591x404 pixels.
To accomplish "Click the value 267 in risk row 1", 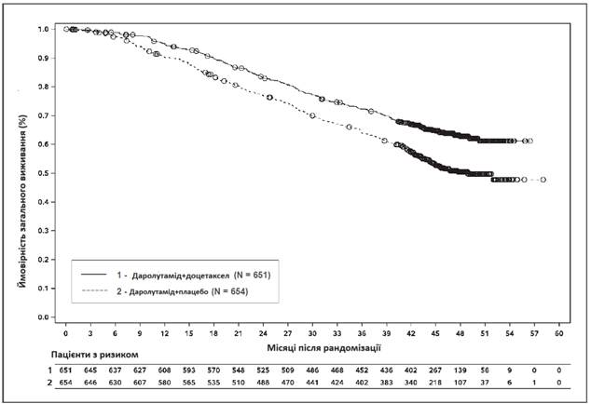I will pyautogui.click(x=435, y=370).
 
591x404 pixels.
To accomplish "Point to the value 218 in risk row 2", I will pyautogui.click(x=435, y=383).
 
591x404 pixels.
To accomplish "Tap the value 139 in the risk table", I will pyautogui.click(x=460, y=370).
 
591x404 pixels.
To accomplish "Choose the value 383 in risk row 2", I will pyautogui.click(x=386, y=383).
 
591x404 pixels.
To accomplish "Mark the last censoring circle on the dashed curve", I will pyautogui.click(x=543, y=180).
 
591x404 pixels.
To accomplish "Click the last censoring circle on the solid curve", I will pyautogui.click(x=529, y=141).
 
